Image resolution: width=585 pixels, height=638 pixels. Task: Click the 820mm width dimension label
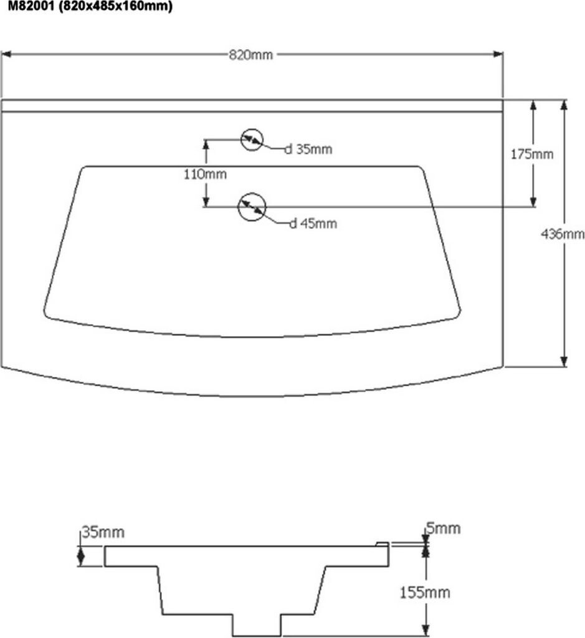(251, 55)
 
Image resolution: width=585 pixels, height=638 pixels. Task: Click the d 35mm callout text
(308, 150)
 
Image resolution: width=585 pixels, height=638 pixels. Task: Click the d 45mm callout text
(313, 224)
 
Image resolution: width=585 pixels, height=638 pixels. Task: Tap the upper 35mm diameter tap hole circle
(252, 139)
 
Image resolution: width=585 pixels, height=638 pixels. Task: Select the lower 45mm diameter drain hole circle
(252, 206)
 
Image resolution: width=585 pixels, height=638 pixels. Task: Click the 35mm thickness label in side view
(103, 532)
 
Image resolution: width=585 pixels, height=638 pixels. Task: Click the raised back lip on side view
(383, 544)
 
